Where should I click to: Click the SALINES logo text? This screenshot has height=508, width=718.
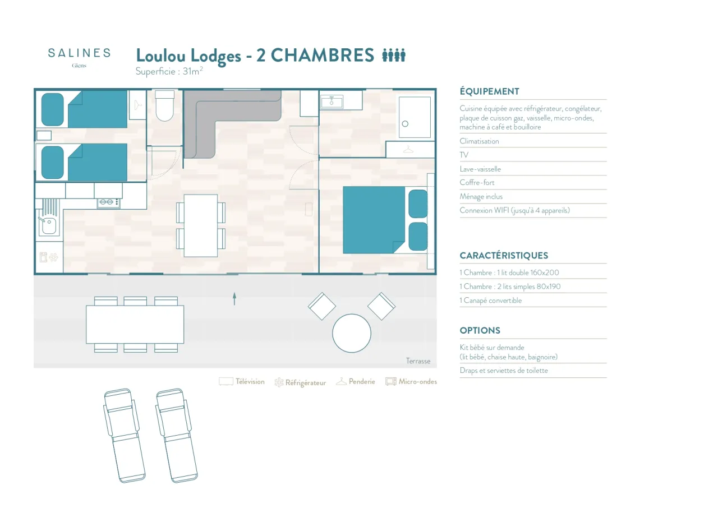(x=79, y=53)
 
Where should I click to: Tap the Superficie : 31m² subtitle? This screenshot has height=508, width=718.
(x=169, y=71)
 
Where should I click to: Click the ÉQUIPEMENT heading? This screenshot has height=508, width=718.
(x=489, y=91)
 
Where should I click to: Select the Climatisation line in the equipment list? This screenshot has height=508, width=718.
(x=479, y=141)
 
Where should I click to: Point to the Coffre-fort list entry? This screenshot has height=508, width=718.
(x=477, y=183)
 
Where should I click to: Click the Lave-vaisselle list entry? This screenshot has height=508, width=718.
(x=480, y=169)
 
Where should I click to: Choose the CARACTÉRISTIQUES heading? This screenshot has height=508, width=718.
(x=504, y=256)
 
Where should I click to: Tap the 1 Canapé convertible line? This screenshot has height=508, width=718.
(x=490, y=301)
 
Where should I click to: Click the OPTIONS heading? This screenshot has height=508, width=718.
(x=480, y=330)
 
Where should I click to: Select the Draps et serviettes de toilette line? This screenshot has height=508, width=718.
(x=504, y=371)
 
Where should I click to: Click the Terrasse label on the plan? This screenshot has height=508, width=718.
(x=418, y=361)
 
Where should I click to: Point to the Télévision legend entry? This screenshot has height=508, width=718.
(x=242, y=382)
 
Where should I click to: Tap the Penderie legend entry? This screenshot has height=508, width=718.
(x=356, y=382)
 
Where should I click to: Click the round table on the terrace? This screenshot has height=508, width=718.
(x=352, y=333)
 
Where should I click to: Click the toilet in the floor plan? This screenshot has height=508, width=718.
(x=165, y=107)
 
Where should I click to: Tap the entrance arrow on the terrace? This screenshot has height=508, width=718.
(x=234, y=299)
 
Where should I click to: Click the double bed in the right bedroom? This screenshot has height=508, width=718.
(x=375, y=220)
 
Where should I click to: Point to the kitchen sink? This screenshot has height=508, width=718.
(x=48, y=225)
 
